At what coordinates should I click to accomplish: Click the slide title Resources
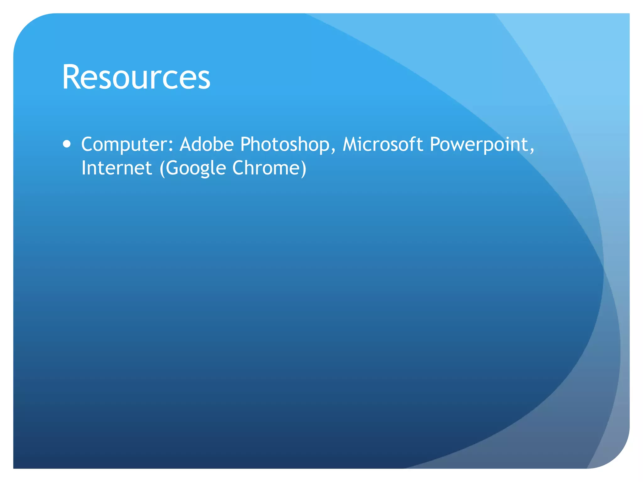(x=136, y=77)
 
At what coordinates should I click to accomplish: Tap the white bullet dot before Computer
(x=67, y=144)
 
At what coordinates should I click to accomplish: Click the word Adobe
(x=207, y=144)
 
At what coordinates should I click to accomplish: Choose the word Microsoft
(x=382, y=144)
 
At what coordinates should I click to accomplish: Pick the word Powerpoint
(x=479, y=145)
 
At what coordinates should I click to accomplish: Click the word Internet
(x=116, y=168)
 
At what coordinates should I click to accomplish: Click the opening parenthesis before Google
(x=162, y=169)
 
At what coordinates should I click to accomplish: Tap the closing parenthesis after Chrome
(x=303, y=169)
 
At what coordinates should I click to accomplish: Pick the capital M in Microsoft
(x=351, y=144)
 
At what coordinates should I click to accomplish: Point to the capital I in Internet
(x=84, y=168)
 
